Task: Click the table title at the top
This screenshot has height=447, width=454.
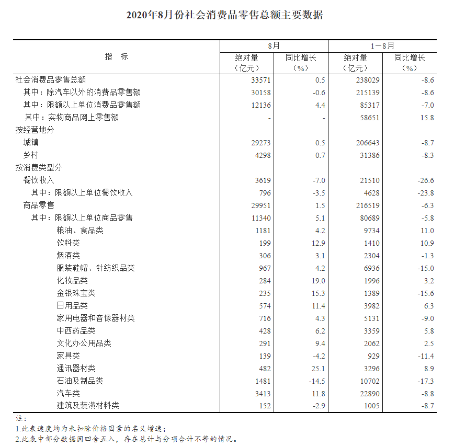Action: (x=225, y=15)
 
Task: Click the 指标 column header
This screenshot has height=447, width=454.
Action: (x=116, y=57)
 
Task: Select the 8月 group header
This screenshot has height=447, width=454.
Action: (x=274, y=46)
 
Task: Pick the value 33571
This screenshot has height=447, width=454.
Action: (x=261, y=80)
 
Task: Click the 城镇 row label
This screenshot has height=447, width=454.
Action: (x=31, y=143)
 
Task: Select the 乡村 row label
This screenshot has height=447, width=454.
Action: (x=31, y=155)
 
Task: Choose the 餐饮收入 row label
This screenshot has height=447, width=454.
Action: (x=39, y=180)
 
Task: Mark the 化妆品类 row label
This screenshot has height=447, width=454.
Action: (x=72, y=281)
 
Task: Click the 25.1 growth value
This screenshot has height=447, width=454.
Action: (x=317, y=369)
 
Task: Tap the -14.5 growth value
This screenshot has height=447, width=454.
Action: (x=316, y=381)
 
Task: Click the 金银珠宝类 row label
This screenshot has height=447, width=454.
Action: (x=76, y=293)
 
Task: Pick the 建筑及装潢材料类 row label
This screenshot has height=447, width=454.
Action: (x=88, y=406)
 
